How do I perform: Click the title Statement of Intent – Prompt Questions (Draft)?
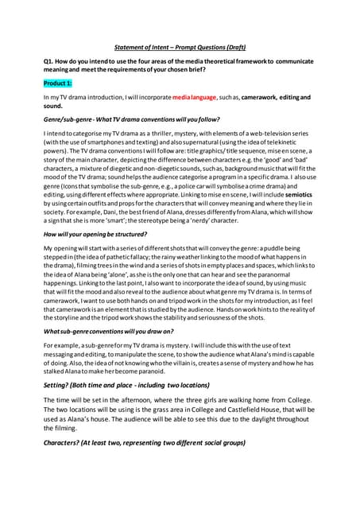180,47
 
